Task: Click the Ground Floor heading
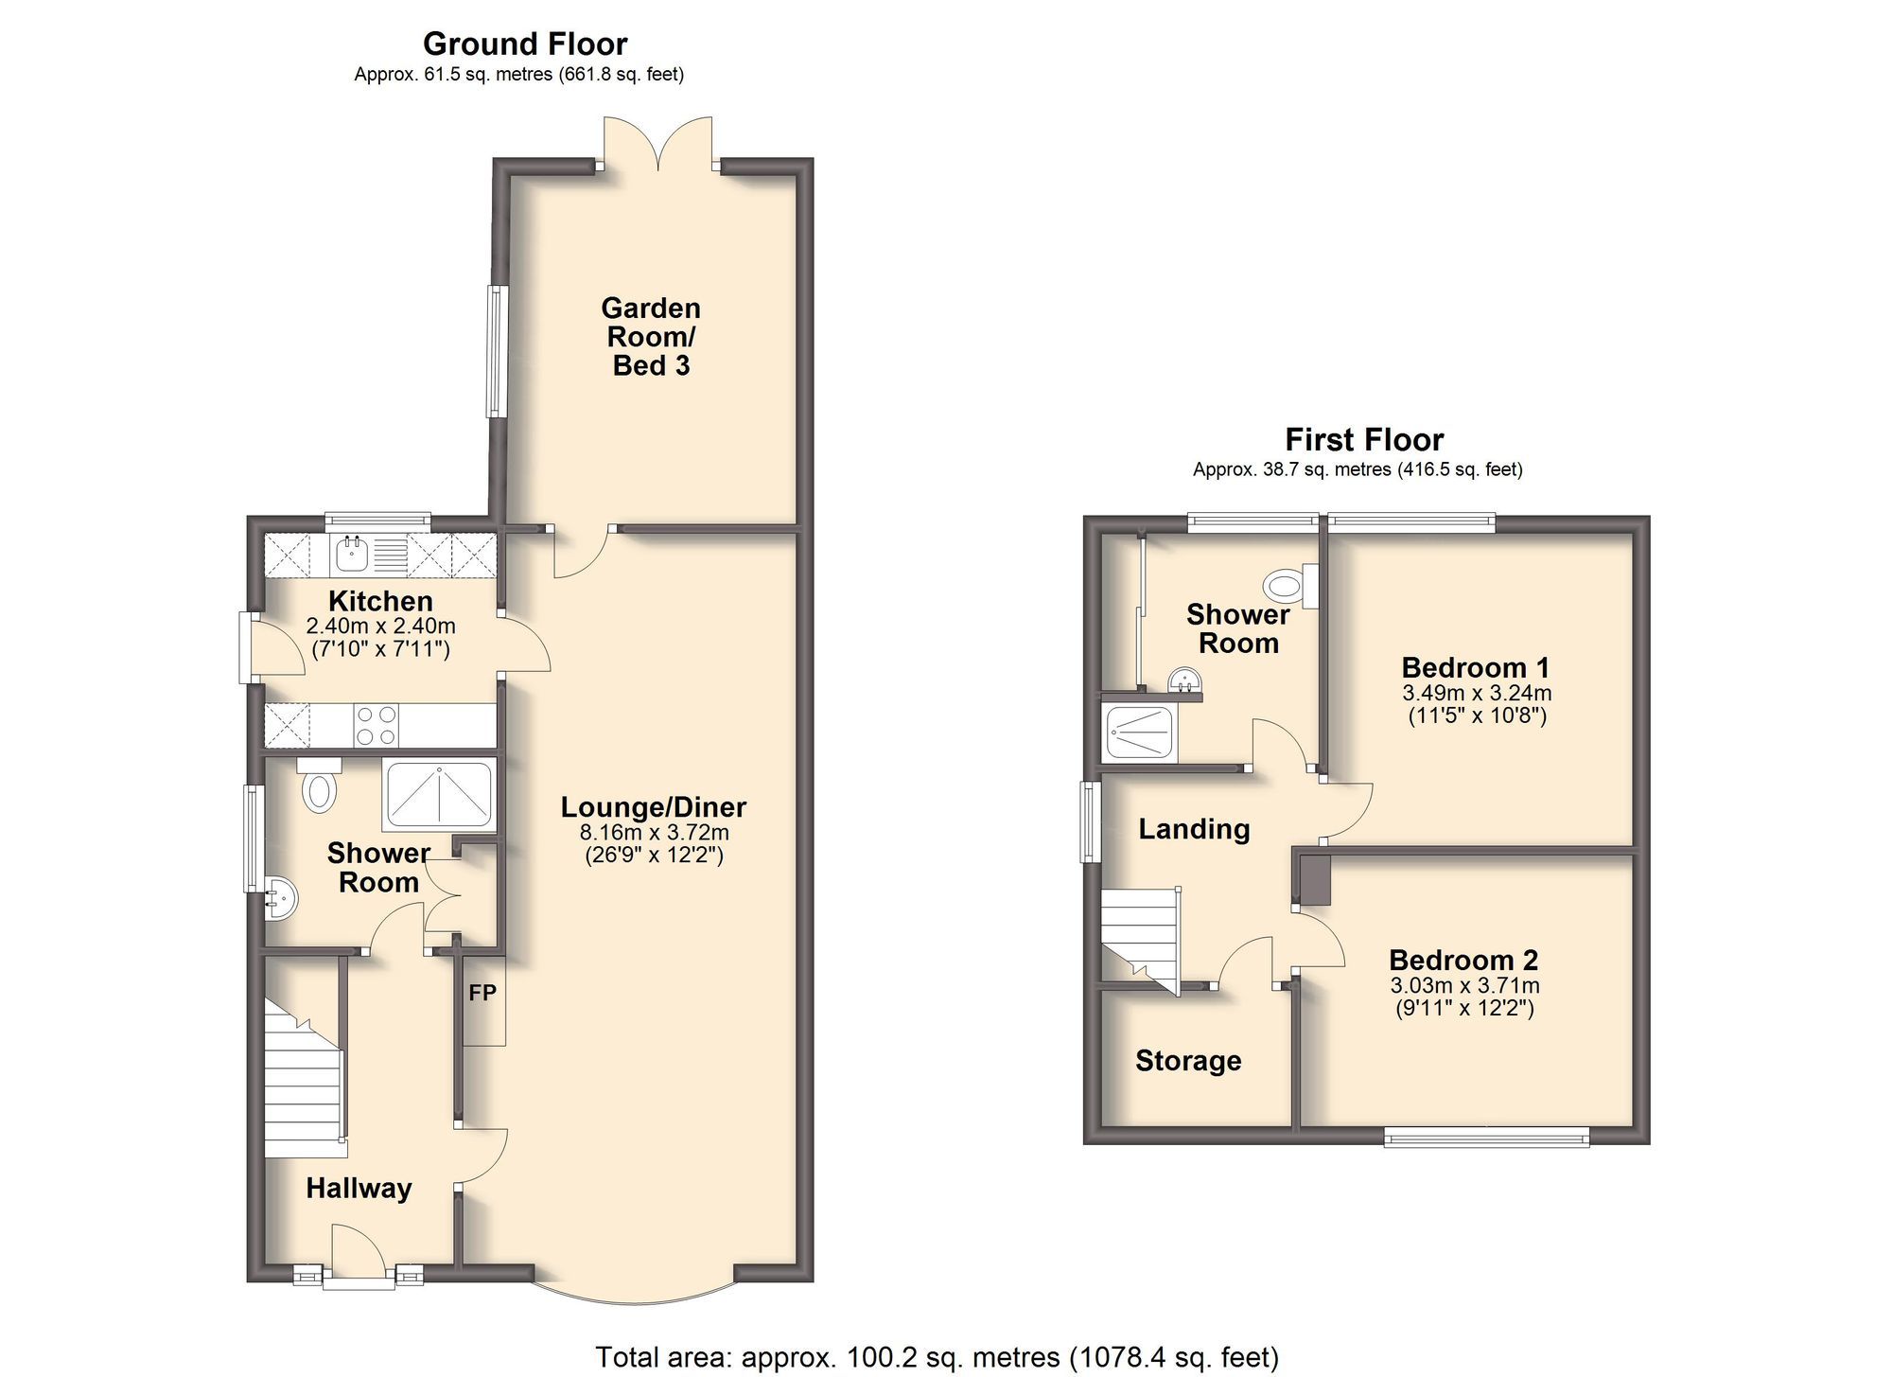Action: point(524,44)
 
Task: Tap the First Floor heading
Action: point(1363,439)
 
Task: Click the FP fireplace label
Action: point(482,993)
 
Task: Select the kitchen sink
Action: point(353,555)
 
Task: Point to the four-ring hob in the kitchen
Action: point(376,726)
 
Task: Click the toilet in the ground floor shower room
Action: point(319,788)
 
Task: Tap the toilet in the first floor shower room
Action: point(1285,586)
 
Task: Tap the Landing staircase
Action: point(1140,937)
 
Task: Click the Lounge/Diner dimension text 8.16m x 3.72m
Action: point(654,833)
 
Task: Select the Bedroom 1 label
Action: point(1475,668)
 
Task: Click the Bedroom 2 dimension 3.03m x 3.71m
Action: point(1463,985)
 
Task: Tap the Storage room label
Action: point(1188,1061)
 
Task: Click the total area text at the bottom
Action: point(937,1357)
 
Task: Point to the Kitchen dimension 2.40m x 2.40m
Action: point(380,626)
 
